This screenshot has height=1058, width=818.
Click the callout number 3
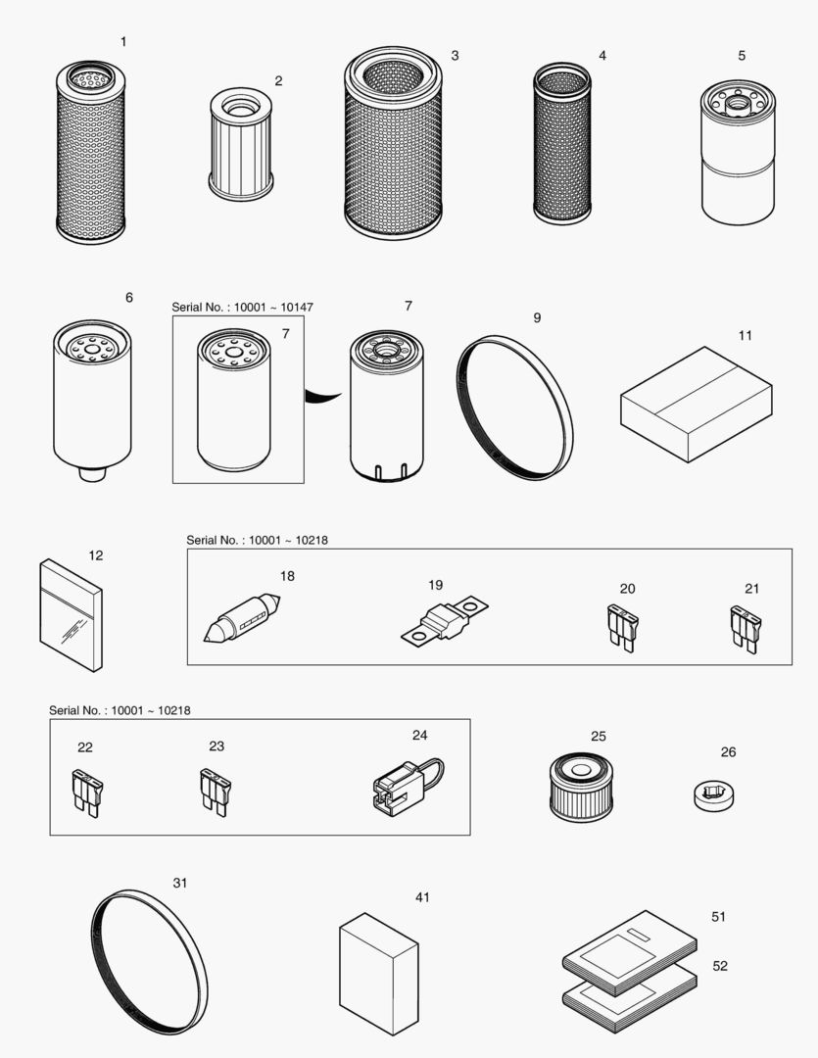[455, 56]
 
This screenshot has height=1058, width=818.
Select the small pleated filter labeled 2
[241, 144]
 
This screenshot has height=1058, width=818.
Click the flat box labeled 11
[696, 403]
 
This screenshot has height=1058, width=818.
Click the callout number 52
[720, 966]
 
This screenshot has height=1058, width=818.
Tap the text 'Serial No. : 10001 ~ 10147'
[242, 308]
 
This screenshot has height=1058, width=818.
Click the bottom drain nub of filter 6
[91, 473]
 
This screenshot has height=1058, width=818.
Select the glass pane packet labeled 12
[72, 615]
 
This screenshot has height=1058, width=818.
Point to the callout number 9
[537, 318]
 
